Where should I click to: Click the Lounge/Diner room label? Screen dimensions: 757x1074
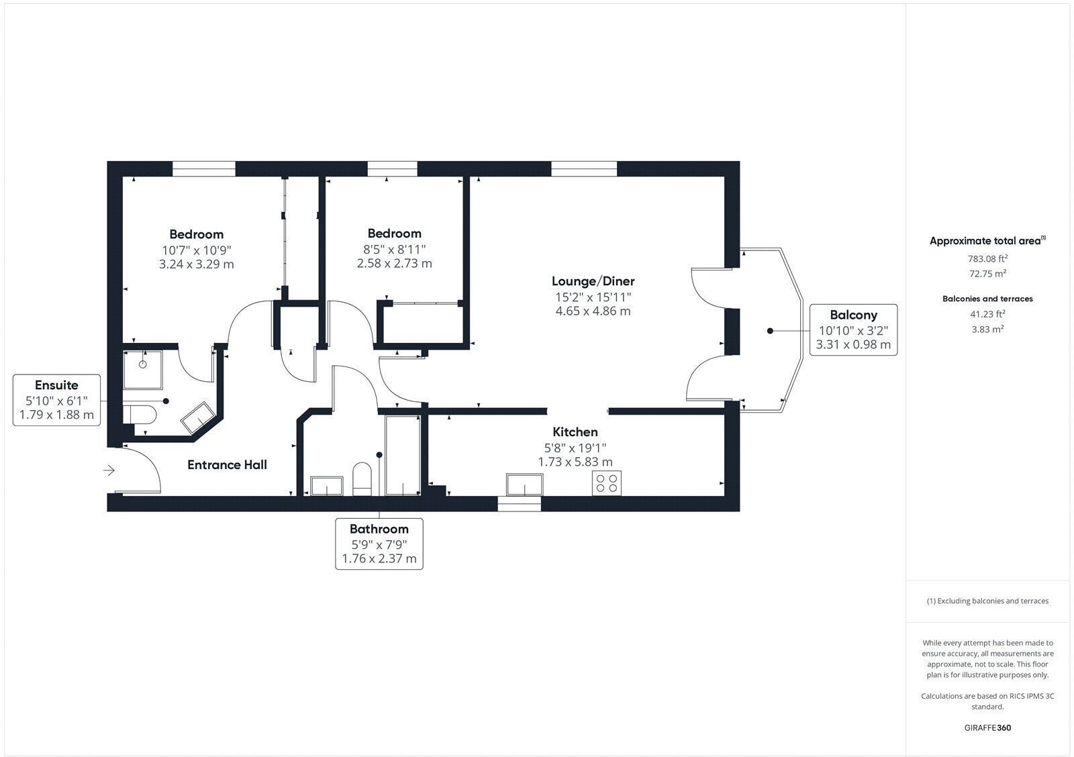[593, 281]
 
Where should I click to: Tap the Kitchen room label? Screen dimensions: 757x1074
[575, 432]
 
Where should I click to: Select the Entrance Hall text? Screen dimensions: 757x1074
[227, 464]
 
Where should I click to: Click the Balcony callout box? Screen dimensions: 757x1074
[852, 330]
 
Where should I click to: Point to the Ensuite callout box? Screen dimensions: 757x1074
[56, 399]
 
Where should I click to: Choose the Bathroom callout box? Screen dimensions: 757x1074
[379, 543]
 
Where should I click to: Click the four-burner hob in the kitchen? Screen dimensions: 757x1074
[607, 483]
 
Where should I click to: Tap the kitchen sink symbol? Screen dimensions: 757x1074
[524, 484]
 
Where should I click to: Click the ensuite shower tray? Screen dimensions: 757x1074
[142, 368]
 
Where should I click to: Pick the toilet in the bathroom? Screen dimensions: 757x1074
[362, 478]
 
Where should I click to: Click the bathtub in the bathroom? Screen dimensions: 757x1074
[403, 455]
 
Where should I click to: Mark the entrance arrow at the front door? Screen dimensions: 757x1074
[109, 471]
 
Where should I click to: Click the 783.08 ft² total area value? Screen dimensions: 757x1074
[987, 258]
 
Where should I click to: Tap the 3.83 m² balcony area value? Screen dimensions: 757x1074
[987, 329]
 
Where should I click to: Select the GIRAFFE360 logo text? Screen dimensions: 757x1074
[987, 727]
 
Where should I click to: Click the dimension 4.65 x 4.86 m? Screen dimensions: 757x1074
[593, 311]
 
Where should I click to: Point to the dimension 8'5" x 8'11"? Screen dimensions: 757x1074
[394, 249]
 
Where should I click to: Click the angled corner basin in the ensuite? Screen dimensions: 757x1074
[197, 417]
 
